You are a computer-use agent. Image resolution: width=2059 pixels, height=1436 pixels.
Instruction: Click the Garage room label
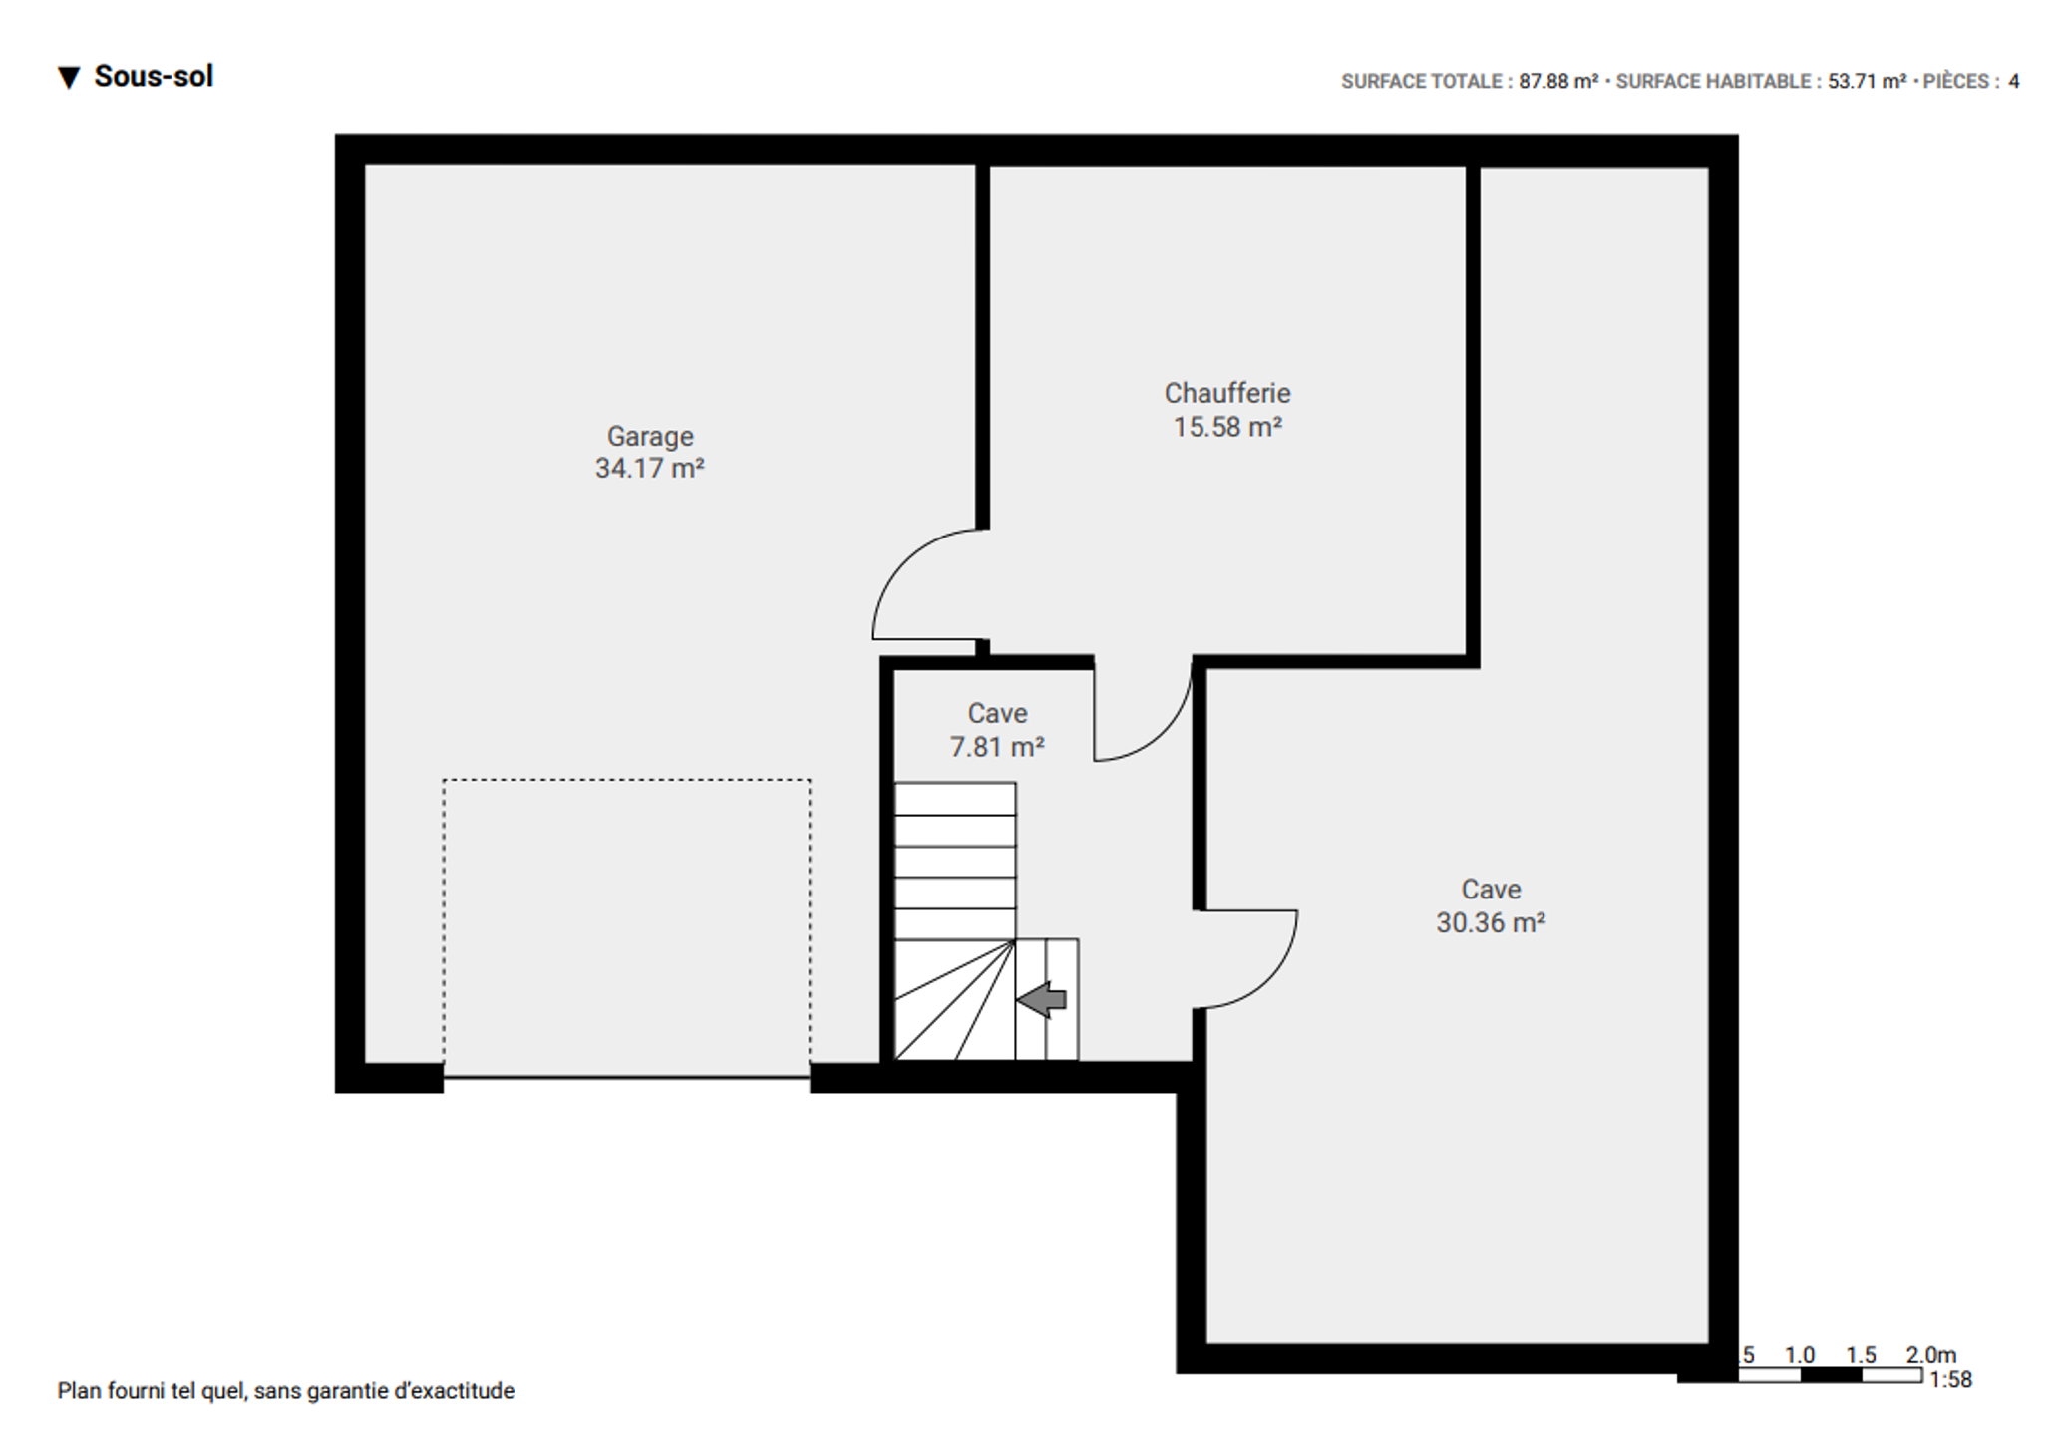(650, 437)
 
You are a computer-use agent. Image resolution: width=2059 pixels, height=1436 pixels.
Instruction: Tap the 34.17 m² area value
(650, 469)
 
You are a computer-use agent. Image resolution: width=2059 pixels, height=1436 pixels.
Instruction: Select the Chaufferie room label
(1227, 393)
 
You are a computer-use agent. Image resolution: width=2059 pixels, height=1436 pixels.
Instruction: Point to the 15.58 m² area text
(1227, 427)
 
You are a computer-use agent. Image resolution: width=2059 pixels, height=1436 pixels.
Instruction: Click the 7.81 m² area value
(997, 747)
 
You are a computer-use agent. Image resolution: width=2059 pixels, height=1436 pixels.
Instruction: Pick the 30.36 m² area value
(1491, 922)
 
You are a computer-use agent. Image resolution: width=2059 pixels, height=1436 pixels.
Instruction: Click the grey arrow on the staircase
(1042, 999)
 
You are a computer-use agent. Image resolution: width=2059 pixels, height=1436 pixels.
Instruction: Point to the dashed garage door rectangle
(626, 780)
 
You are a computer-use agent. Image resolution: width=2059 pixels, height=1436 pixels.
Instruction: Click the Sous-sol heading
(154, 77)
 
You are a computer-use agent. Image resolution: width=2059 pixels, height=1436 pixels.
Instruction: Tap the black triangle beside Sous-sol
(69, 78)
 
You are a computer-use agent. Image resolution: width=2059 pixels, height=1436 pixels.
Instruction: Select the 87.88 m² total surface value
(1558, 82)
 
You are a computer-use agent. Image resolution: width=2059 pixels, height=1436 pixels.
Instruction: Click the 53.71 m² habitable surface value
(1867, 82)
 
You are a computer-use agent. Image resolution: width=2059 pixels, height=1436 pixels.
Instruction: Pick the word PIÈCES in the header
(1956, 82)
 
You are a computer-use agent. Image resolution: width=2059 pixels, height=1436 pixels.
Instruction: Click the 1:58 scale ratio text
(1951, 1380)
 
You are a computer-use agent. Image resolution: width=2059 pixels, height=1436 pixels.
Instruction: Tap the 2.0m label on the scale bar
(1931, 1355)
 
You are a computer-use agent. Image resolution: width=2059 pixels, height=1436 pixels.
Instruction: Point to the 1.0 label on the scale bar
(1800, 1355)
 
